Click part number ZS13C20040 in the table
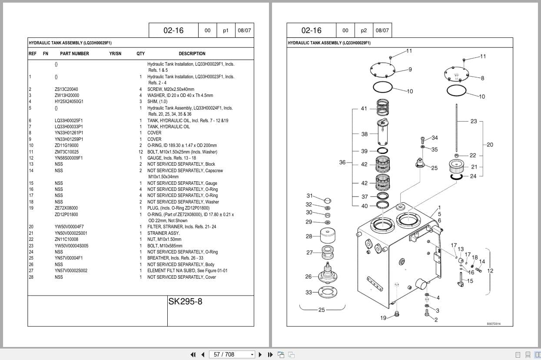[66, 89]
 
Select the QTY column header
[140, 53]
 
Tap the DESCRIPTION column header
[192, 53]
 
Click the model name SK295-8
[185, 301]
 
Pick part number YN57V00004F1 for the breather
[69, 258]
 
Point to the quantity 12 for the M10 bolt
[140, 152]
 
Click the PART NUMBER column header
[74, 53]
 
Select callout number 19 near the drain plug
[383, 318]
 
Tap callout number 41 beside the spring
[364, 109]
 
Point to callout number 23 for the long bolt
[474, 121]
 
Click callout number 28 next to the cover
[309, 237]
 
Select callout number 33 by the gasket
[309, 292]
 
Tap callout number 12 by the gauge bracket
[490, 271]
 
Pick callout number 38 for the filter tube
[364, 134]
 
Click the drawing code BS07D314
[493, 323]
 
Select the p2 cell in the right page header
[364, 30]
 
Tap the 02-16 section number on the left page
[173, 30]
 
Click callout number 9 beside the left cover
[410, 70]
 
